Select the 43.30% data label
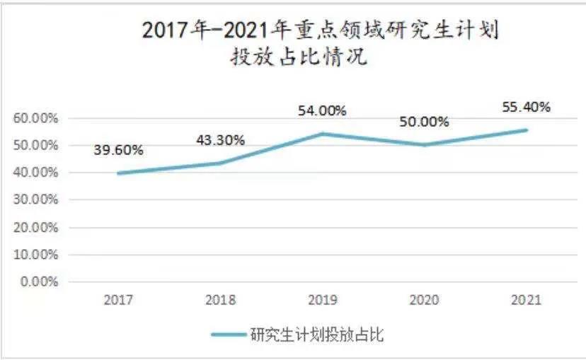(220, 140)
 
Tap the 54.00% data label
(322, 110)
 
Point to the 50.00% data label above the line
(424, 122)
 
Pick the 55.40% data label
(526, 108)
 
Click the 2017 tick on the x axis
(118, 300)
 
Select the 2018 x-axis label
(220, 300)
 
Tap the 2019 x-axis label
(322, 300)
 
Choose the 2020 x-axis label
(424, 300)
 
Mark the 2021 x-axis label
(526, 300)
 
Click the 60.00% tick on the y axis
(35, 118)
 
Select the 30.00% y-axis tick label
(35, 199)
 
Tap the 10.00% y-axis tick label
(35, 254)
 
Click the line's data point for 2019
(322, 134)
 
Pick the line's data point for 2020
(424, 145)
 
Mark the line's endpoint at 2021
(526, 130)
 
